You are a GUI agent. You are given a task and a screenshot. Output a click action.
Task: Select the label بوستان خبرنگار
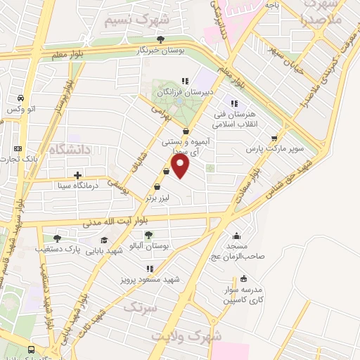[161, 51]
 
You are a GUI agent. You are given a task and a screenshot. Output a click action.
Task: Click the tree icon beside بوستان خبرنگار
[161, 39]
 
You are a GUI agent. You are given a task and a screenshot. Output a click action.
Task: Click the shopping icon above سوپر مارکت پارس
[274, 138]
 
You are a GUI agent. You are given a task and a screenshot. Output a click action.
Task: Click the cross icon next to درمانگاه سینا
[77, 174]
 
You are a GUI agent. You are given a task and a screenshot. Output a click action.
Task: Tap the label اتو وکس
[22, 109]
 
